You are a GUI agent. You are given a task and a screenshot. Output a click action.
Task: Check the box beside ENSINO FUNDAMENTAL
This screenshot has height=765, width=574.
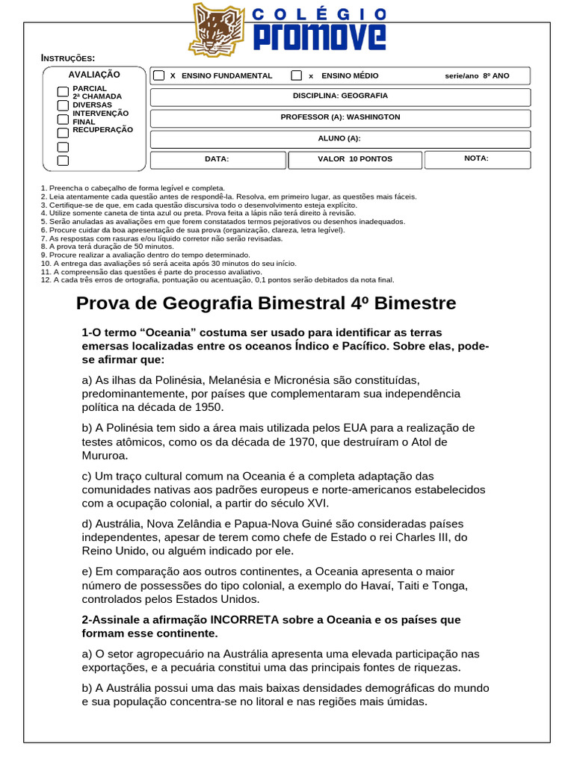click(x=159, y=76)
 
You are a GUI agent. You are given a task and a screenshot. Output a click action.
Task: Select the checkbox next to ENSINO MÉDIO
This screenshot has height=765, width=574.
click(x=297, y=76)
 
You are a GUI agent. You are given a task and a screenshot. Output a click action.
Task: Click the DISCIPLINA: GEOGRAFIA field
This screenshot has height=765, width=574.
click(x=340, y=96)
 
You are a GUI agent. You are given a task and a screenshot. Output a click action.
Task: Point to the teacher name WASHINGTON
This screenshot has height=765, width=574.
click(x=374, y=117)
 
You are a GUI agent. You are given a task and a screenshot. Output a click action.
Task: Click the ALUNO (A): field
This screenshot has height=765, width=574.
click(x=340, y=139)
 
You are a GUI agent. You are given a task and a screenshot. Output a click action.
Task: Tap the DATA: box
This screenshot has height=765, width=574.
click(x=217, y=159)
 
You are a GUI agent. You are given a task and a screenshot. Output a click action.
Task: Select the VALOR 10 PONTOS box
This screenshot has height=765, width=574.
click(x=355, y=159)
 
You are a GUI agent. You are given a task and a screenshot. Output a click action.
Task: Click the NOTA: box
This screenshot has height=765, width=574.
click(x=477, y=158)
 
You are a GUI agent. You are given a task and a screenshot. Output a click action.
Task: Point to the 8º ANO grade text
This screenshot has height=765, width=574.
click(x=496, y=76)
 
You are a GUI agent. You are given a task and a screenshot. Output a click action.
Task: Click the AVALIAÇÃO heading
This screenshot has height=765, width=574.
click(x=94, y=75)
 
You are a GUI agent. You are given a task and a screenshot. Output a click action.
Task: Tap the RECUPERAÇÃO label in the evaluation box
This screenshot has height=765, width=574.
click(x=102, y=130)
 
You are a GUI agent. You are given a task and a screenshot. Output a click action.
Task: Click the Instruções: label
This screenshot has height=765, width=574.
click(x=67, y=58)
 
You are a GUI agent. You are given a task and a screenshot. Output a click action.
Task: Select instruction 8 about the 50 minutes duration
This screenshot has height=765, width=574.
click(x=107, y=246)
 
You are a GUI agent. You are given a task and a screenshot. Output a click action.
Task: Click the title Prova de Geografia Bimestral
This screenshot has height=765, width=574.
click(x=266, y=303)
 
